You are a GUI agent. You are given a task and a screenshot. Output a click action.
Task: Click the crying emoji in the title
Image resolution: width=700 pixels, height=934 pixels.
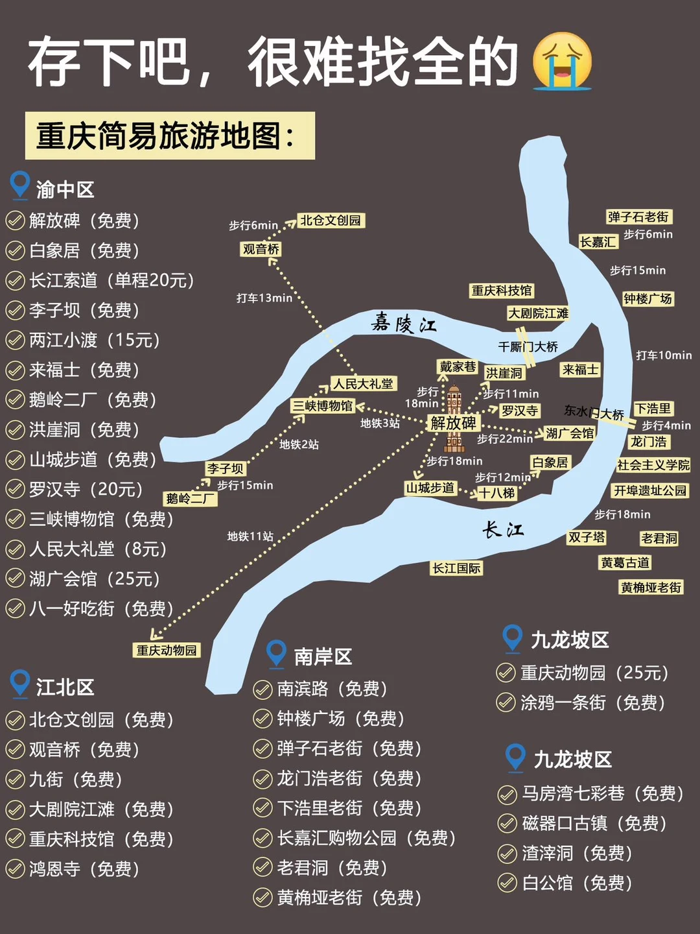(561, 61)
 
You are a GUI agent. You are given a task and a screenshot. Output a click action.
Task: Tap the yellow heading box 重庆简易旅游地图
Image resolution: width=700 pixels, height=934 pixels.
(170, 136)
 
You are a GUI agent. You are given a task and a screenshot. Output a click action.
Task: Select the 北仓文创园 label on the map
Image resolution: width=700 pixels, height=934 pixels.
(331, 221)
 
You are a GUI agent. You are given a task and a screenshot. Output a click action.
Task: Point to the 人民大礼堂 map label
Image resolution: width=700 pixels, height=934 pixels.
(363, 384)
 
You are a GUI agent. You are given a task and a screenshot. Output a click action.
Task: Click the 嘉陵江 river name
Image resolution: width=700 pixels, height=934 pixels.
(404, 322)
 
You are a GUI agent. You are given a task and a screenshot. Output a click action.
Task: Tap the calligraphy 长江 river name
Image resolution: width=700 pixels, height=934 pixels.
(503, 530)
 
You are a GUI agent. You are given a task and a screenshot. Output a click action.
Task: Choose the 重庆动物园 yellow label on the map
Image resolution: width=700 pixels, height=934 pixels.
(167, 650)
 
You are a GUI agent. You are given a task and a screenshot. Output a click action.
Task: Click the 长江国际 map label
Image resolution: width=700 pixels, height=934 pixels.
(457, 568)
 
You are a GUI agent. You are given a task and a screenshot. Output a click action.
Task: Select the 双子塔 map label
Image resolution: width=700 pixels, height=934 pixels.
(587, 537)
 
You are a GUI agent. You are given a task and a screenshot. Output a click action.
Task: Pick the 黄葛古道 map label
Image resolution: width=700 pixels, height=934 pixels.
(625, 563)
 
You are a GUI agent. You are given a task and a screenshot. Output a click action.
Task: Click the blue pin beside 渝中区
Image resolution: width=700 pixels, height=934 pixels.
(20, 185)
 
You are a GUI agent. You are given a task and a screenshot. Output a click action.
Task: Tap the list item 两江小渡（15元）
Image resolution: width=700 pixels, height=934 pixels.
(95, 340)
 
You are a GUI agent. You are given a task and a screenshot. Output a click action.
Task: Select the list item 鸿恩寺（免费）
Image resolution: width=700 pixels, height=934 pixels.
(84, 869)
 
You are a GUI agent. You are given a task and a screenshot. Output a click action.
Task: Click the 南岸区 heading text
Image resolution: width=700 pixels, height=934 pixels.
(323, 656)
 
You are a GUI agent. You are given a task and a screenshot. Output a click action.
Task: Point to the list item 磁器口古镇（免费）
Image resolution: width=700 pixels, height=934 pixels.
(594, 823)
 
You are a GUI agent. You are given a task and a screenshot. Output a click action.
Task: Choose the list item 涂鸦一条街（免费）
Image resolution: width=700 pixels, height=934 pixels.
(592, 702)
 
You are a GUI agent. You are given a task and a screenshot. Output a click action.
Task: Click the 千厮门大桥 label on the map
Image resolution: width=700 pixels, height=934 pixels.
(528, 347)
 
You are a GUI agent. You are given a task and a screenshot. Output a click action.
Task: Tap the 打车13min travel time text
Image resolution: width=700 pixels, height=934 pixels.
(264, 298)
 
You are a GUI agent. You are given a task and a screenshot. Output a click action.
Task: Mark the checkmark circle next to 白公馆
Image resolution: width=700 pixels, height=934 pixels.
(506, 883)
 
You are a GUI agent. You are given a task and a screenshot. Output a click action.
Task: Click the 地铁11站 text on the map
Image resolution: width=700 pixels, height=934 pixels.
(250, 536)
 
